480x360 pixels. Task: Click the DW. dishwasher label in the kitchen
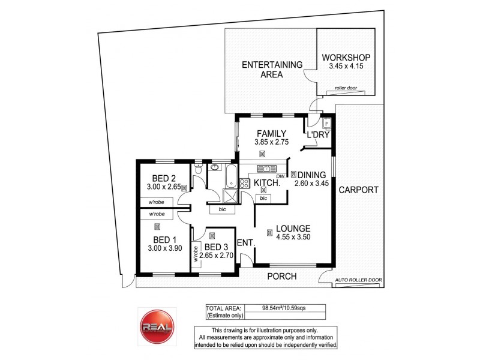click(281, 176)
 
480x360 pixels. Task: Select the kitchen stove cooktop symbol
click(245, 184)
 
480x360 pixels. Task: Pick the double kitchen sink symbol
click(264, 169)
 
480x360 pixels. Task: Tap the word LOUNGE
click(293, 228)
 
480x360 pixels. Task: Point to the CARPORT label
click(358, 190)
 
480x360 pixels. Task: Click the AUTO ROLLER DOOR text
click(358, 280)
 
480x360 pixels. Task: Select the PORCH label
click(281, 276)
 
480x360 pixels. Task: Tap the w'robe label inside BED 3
click(196, 256)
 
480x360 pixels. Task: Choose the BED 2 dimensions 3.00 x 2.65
click(163, 187)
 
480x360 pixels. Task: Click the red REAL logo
click(156, 327)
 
